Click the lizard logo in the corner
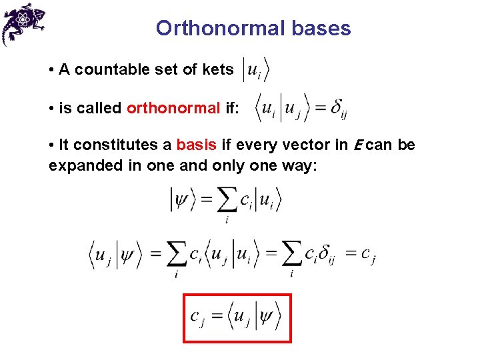coord(24,23)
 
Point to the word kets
coord(217,70)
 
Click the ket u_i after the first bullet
coord(257,70)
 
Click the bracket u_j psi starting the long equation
coord(115,255)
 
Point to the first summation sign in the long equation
coord(175,256)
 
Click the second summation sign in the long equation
coord(291,256)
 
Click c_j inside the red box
coord(197,319)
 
